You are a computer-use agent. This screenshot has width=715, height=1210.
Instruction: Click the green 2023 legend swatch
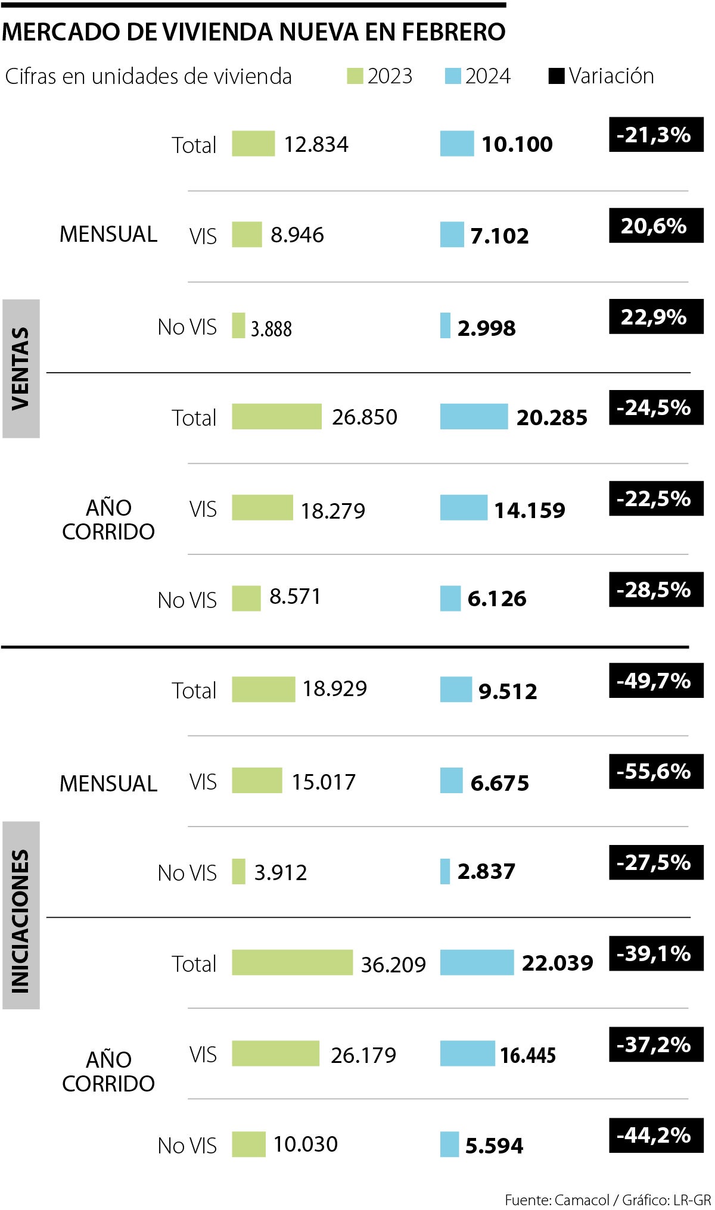(x=355, y=76)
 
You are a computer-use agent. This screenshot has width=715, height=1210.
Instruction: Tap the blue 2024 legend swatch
(x=453, y=76)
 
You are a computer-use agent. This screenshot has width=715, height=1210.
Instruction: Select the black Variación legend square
(x=556, y=76)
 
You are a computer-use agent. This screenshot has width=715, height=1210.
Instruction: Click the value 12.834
(x=316, y=144)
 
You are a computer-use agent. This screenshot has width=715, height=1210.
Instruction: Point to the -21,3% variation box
(x=655, y=135)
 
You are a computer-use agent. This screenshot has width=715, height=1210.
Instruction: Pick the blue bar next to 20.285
(x=474, y=416)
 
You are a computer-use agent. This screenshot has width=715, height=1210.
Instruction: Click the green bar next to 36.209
(x=292, y=962)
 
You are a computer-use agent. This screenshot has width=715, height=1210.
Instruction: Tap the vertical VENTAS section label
(x=21, y=369)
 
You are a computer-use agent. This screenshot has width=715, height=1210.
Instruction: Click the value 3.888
(x=271, y=328)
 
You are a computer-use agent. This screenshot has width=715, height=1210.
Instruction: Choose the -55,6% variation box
(x=655, y=771)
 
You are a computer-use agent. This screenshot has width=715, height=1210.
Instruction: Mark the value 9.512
(x=508, y=691)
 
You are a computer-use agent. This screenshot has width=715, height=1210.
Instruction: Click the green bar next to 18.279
(x=262, y=507)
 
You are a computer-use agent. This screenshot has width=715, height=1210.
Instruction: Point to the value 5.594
(x=494, y=1145)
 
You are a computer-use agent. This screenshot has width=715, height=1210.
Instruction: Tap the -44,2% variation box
(x=655, y=1135)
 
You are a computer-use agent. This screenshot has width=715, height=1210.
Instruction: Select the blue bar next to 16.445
(x=467, y=1053)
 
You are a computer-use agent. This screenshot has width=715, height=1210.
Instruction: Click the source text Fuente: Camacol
(x=557, y=1199)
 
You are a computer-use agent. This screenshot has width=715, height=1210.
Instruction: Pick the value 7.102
(x=499, y=236)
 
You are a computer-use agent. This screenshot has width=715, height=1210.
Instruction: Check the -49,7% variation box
(x=655, y=680)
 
